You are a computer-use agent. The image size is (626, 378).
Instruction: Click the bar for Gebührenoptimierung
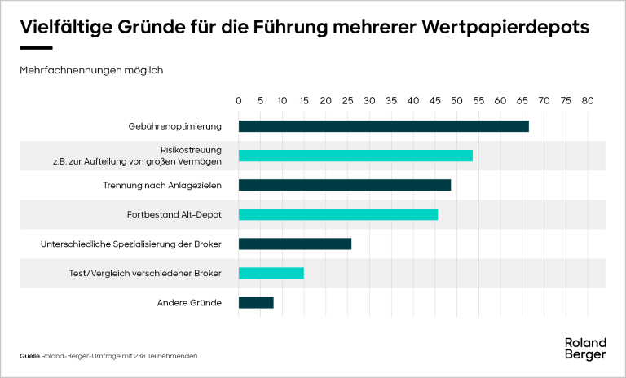coord(383,126)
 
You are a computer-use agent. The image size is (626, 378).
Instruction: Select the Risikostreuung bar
coord(355,156)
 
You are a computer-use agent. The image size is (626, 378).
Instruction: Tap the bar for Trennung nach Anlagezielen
coord(344,185)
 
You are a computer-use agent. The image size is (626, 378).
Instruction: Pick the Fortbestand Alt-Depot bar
coord(337,214)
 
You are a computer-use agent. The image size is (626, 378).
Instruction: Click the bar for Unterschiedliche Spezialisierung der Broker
coord(294,244)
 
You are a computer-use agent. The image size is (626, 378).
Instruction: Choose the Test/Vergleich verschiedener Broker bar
coord(271,273)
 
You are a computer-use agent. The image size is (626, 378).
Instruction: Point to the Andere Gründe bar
coord(256,302)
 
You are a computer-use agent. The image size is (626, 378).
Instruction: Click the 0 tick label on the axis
coord(239,101)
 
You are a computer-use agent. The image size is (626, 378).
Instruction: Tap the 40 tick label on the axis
coord(413,101)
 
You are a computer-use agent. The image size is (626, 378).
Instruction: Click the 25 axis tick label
coord(348,101)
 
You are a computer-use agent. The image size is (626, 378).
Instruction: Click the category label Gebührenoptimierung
coord(174,126)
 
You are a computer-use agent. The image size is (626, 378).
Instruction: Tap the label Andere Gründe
coord(189,303)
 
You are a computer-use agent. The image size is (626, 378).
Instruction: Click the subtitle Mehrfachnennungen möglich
coord(91,70)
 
